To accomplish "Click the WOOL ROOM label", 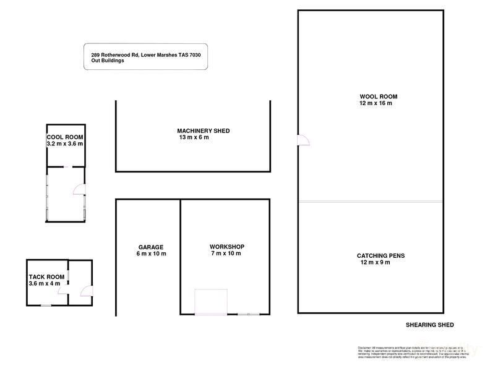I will point(378,96).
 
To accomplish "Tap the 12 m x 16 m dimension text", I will point(376,103).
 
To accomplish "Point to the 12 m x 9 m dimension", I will point(374,262).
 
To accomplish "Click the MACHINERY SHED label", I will point(203,130).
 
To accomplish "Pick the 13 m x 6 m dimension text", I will point(194,137).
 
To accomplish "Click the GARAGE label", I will point(151,247).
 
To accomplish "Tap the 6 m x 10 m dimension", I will point(151,254).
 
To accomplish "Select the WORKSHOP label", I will point(227,247).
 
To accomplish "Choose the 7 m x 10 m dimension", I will point(225,254).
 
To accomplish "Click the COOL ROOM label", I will point(65,137).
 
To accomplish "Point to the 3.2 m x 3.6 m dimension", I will point(65,143).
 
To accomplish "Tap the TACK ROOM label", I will point(46,276).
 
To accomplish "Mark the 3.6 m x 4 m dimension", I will point(45,283).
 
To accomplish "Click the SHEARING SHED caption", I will point(430,325).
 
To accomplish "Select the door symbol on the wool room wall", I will point(303,140).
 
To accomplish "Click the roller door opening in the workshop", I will point(210,302).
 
